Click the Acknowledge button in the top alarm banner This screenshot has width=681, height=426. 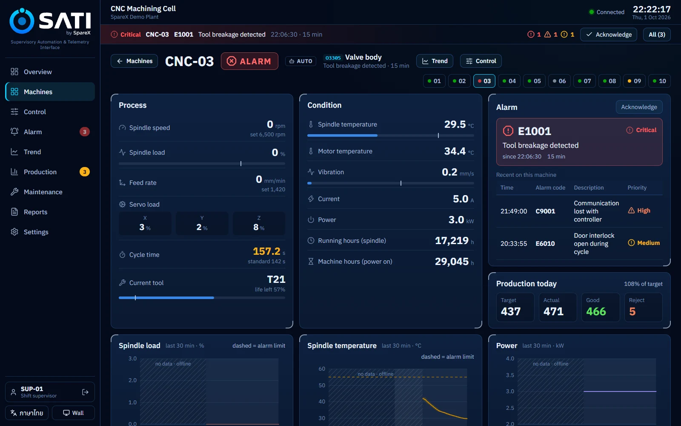point(608,35)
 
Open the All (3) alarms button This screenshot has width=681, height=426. point(657,35)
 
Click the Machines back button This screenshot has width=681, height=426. point(134,61)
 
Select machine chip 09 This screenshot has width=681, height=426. point(634,81)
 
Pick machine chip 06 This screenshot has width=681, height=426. point(559,81)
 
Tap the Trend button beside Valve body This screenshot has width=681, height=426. point(435,61)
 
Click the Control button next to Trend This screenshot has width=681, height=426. point(481,61)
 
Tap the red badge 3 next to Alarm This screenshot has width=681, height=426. point(85,132)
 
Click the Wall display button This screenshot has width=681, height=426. point(73,413)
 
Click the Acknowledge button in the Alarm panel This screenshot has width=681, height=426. point(639,107)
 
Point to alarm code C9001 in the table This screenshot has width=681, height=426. point(545,211)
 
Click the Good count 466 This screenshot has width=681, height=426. point(596,311)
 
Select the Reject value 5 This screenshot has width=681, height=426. point(632,311)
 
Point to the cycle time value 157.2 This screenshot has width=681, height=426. point(266,251)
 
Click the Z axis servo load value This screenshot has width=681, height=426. point(259,227)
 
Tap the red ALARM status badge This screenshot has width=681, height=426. point(249,61)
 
